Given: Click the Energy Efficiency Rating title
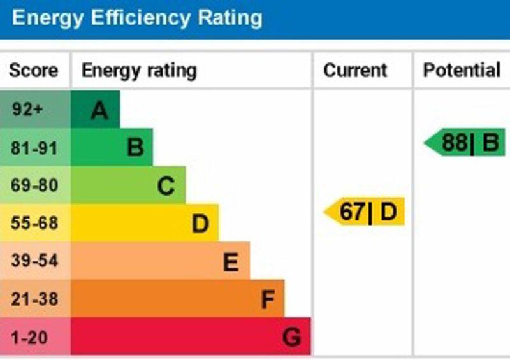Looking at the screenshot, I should click(x=136, y=17).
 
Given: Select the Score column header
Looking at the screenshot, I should click(x=33, y=70).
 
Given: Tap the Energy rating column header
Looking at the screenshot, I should click(x=139, y=70).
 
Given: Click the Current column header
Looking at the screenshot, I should click(x=355, y=70).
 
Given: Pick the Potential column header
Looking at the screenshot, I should click(x=462, y=70).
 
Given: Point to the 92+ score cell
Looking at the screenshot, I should click(x=27, y=110).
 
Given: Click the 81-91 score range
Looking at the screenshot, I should click(x=34, y=148).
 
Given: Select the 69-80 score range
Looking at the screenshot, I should click(x=34, y=185).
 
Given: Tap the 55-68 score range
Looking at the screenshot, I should click(x=34, y=224).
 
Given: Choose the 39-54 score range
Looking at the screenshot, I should click(x=34, y=261).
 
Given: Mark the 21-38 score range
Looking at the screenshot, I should click(x=34, y=299).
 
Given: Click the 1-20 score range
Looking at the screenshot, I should click(x=29, y=337).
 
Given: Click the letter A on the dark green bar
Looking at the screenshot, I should click(x=99, y=112).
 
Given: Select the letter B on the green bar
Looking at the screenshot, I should click(x=135, y=148).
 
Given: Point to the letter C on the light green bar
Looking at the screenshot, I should click(x=166, y=187).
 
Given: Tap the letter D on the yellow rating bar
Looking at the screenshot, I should click(x=201, y=224).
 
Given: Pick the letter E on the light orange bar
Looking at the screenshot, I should click(x=231, y=262).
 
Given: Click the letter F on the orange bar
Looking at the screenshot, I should click(x=268, y=299).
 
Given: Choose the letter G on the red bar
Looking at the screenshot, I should click(x=291, y=337).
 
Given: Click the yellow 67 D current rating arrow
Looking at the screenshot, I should click(x=365, y=212).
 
